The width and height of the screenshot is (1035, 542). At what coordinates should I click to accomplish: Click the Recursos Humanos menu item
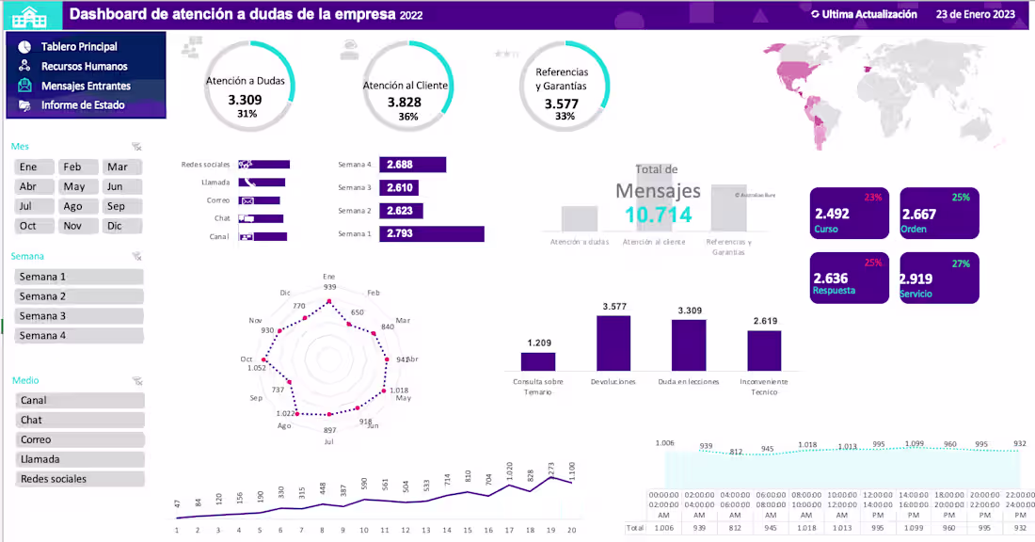pos(84,66)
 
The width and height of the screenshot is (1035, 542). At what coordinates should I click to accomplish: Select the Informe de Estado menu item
pos(82,105)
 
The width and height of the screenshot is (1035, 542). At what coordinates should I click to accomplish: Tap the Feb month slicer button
pos(73,167)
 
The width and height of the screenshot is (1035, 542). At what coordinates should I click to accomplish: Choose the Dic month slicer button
pos(115,226)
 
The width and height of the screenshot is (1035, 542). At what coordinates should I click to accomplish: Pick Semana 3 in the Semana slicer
pos(79,316)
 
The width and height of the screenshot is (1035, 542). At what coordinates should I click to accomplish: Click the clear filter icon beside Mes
pos(137,147)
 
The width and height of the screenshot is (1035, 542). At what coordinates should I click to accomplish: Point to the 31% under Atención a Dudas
pos(247,114)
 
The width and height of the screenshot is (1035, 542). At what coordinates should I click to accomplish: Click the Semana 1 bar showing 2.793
pos(431,234)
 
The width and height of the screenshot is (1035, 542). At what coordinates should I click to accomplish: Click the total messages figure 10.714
pos(659,215)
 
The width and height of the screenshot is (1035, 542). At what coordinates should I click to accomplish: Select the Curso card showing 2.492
pos(849,214)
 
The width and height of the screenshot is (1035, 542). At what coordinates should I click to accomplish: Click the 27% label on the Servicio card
pos(960,263)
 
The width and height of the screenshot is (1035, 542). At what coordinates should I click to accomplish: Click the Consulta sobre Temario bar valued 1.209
pos(538,361)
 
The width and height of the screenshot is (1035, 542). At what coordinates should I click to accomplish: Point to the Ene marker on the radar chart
pos(329,302)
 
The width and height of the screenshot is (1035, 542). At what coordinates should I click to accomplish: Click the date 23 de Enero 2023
pos(975,15)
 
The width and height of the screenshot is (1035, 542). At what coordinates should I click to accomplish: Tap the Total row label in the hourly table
pos(636,529)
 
